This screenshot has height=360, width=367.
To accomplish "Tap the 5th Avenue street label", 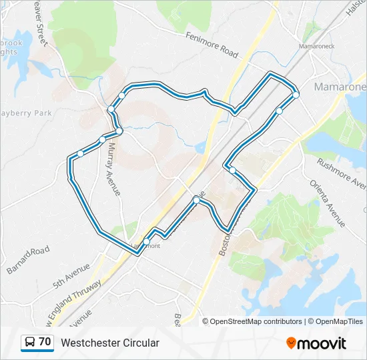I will [72, 275].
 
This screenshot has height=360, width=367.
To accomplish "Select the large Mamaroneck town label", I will [340, 87].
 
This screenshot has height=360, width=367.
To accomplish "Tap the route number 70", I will [45, 342].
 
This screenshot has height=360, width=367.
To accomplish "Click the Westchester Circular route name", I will [110, 343].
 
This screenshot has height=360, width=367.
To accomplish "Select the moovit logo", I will [316, 343].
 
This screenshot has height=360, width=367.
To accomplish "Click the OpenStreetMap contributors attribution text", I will [256, 321].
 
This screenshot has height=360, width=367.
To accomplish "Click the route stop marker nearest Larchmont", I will [147, 241].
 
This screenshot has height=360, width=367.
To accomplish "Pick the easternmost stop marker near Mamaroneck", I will [296, 95].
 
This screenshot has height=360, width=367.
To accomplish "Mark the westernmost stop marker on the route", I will [80, 153].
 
